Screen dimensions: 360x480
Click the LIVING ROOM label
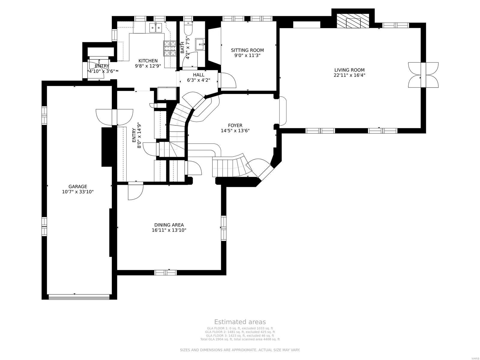click(x=349, y=70)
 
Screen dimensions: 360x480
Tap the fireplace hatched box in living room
click(x=352, y=21)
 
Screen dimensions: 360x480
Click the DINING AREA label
click(x=169, y=225)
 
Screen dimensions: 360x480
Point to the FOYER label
click(x=235, y=125)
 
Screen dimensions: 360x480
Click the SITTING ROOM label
click(x=247, y=50)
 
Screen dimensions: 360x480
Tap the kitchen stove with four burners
click(x=170, y=48)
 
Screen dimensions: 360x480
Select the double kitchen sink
click(x=155, y=28)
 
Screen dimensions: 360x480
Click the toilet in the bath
click(x=188, y=29)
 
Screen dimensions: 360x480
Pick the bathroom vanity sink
click(x=200, y=44)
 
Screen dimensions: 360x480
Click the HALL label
click(x=199, y=75)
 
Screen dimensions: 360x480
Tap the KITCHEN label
click(x=148, y=61)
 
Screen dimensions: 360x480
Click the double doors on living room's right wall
click(x=423, y=75)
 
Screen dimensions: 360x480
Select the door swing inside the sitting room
click(x=227, y=80)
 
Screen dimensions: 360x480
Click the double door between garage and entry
click(x=114, y=117)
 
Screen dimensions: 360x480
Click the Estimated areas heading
click(x=240, y=322)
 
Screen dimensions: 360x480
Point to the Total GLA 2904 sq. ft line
click(x=240, y=339)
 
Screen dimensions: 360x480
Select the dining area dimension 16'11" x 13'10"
click(x=169, y=230)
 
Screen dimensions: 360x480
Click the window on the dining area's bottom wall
click(x=166, y=272)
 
